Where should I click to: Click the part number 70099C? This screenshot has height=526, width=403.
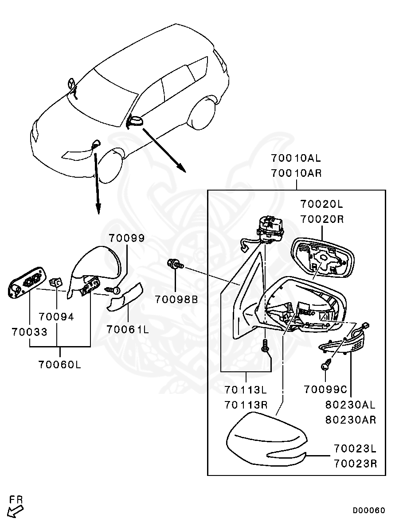(x=325, y=390)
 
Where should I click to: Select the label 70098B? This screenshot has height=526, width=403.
(x=176, y=299)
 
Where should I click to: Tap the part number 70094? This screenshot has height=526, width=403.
(x=56, y=317)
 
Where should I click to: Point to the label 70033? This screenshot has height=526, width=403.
(x=29, y=331)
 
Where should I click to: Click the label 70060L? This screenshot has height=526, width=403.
(x=60, y=365)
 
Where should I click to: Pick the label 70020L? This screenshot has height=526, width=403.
(x=321, y=204)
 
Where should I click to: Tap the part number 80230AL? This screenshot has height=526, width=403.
(x=350, y=405)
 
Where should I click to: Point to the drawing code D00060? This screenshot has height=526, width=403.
(x=369, y=510)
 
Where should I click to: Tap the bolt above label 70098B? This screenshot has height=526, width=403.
(x=175, y=265)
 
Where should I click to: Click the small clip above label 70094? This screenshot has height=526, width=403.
(x=56, y=282)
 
